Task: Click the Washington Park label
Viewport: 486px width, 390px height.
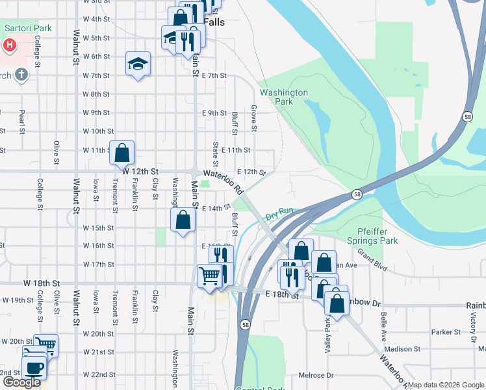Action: (283, 97)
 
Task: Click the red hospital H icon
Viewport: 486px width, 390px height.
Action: (10, 45)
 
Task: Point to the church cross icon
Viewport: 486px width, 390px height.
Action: (21, 75)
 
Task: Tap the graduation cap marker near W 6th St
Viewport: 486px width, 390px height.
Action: (138, 64)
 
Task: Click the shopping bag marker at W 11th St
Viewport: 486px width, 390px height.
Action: (122, 153)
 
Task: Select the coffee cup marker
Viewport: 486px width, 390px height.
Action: (34, 368)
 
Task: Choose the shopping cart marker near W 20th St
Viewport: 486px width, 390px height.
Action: (45, 345)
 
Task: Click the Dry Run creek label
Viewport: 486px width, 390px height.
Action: (281, 212)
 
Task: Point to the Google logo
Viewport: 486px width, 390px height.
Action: (21, 382)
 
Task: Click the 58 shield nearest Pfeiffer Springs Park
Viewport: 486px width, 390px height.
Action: (357, 194)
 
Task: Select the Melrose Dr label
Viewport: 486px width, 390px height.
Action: (315, 376)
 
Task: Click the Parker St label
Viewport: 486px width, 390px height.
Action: (446, 332)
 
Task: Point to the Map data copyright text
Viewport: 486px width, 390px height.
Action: (446, 385)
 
